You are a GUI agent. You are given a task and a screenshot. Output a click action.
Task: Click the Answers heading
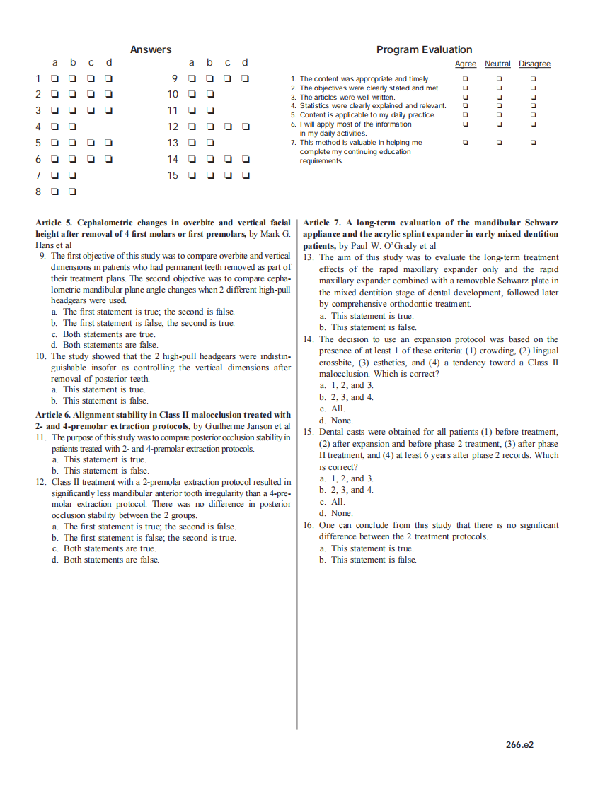[151, 49]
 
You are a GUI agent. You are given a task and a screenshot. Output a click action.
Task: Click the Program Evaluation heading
[424, 49]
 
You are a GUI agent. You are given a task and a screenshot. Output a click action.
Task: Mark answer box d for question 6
[109, 159]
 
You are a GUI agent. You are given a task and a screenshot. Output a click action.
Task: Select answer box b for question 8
[73, 192]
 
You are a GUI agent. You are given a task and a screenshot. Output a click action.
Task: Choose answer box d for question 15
[245, 175]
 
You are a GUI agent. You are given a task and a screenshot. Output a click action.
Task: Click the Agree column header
[465, 64]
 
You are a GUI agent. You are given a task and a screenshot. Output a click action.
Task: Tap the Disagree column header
[534, 64]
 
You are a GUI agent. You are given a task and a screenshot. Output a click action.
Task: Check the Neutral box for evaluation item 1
[499, 79]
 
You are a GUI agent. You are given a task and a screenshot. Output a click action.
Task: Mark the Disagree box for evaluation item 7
[534, 142]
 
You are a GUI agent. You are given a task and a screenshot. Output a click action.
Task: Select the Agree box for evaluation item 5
[465, 114]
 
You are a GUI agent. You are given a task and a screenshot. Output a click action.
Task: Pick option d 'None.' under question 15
[335, 513]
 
